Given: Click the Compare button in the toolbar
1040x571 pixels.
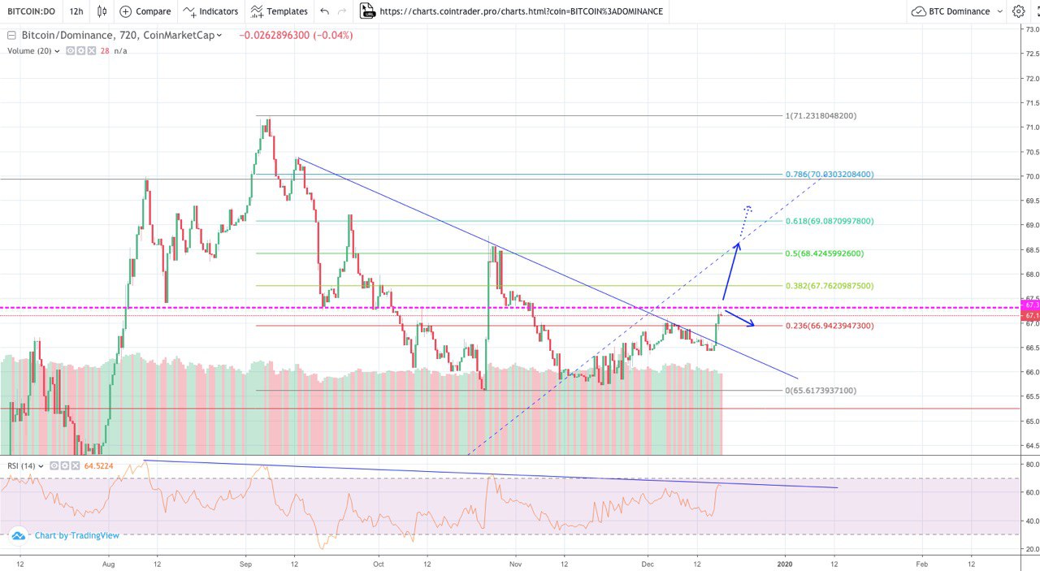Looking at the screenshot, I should [x=145, y=11].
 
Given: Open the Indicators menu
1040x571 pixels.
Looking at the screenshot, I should [x=211, y=11].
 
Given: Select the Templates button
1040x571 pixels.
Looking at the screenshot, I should [x=279, y=11].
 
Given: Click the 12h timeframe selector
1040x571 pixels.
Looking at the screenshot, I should [x=76, y=11].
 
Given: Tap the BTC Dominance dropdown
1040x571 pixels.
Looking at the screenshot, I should [x=957, y=11].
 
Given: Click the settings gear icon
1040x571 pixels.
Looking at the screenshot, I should [x=1018, y=11].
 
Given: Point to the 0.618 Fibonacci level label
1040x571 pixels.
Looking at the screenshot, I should [x=829, y=221].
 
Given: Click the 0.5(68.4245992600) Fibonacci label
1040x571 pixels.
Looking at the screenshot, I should [x=824, y=253].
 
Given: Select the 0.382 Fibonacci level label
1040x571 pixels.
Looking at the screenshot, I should [x=829, y=286].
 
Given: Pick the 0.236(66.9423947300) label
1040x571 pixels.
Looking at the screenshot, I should [x=829, y=326].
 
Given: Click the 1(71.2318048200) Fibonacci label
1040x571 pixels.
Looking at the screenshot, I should [x=821, y=116].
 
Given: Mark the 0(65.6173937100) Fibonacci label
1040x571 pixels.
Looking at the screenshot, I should [x=821, y=391].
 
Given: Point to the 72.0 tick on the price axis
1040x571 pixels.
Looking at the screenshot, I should [x=1031, y=79].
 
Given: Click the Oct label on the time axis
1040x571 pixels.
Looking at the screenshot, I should [x=378, y=562].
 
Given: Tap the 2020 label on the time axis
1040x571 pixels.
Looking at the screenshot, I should [x=784, y=562].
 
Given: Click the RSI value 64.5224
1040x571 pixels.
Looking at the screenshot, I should [x=105, y=466].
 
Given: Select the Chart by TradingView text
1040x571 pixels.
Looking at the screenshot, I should [x=76, y=535].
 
